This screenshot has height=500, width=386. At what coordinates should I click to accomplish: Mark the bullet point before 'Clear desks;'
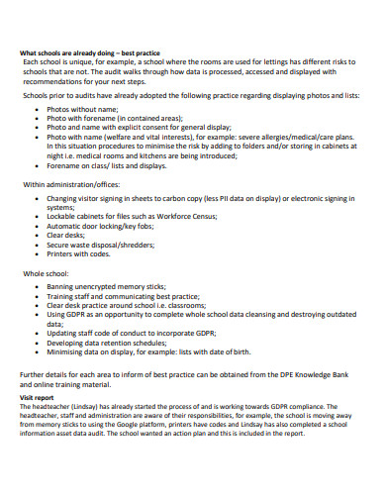tap(37, 234)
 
